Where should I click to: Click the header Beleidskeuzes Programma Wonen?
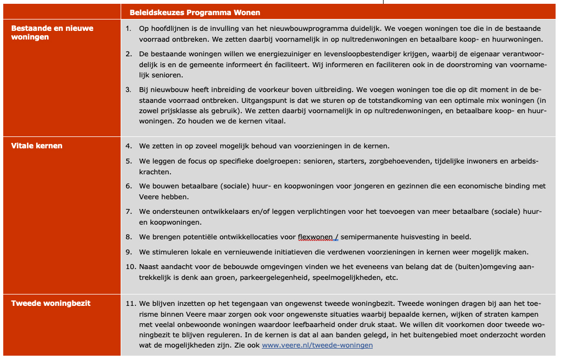195,12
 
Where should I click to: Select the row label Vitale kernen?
37,146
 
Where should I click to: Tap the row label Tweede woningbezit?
51,303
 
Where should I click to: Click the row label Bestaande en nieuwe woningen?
52,32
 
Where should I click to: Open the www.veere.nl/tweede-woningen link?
317,345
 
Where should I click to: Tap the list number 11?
130,303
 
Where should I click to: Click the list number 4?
128,146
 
